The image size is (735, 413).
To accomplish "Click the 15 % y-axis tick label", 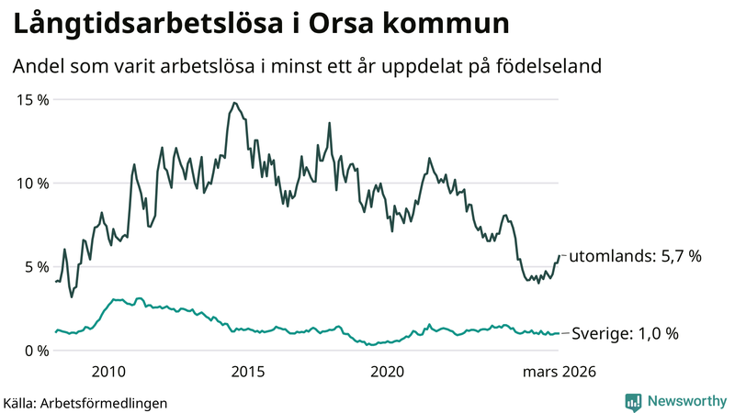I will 34,99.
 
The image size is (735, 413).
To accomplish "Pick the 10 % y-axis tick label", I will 34,183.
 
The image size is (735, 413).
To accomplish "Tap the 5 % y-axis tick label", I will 38,266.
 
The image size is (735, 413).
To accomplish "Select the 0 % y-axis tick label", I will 38,350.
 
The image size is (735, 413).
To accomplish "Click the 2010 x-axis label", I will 108,372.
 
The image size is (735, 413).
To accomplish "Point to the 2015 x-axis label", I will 247,372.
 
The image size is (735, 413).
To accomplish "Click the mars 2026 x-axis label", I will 559,372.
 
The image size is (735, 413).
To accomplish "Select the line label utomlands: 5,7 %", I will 635,257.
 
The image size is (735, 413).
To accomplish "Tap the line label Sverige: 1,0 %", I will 624,334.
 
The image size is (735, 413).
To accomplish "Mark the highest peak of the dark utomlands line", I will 234,103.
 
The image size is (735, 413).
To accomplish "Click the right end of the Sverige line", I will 559,333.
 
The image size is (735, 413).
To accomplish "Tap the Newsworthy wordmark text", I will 684,401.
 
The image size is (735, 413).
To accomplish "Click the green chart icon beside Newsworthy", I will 633,401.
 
